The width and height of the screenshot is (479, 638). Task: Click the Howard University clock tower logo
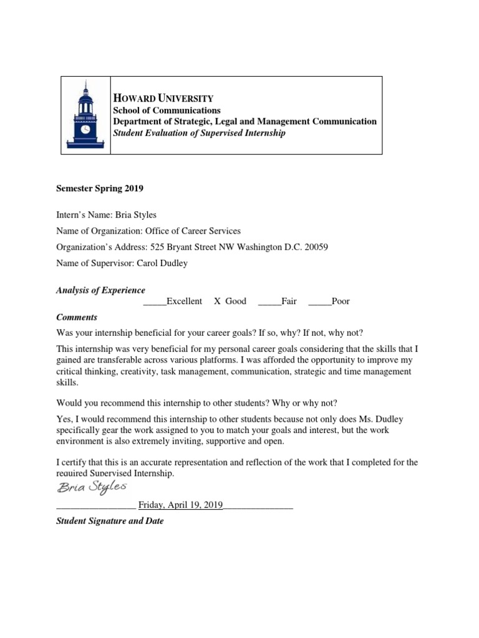[x=85, y=115]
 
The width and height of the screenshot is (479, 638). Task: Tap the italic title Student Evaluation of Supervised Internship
[x=198, y=133]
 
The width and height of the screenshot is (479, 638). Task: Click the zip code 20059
[x=316, y=247]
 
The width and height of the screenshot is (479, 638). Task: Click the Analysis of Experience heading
[x=100, y=290]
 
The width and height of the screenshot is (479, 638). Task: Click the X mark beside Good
[x=218, y=302]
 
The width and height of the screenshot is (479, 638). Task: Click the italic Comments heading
[x=77, y=317]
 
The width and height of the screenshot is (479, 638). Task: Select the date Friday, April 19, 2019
[x=180, y=505]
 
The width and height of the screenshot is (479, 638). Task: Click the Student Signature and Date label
[x=110, y=521]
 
